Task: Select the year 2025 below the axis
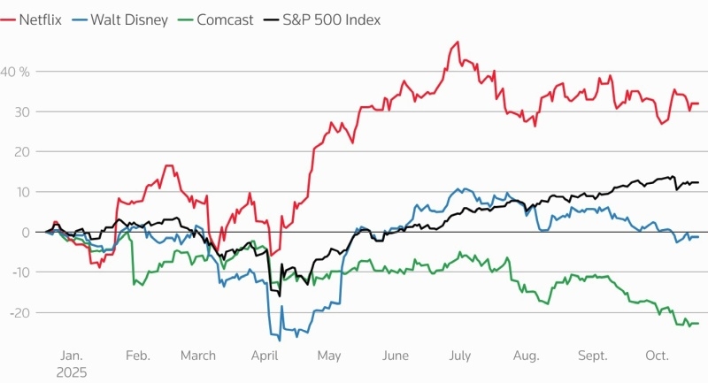(x=72, y=372)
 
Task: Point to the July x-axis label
(x=459, y=355)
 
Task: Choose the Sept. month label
(x=593, y=355)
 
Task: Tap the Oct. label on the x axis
(x=657, y=355)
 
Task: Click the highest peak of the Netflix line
(x=457, y=42)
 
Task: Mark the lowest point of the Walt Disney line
(x=280, y=340)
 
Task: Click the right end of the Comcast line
(x=698, y=324)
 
